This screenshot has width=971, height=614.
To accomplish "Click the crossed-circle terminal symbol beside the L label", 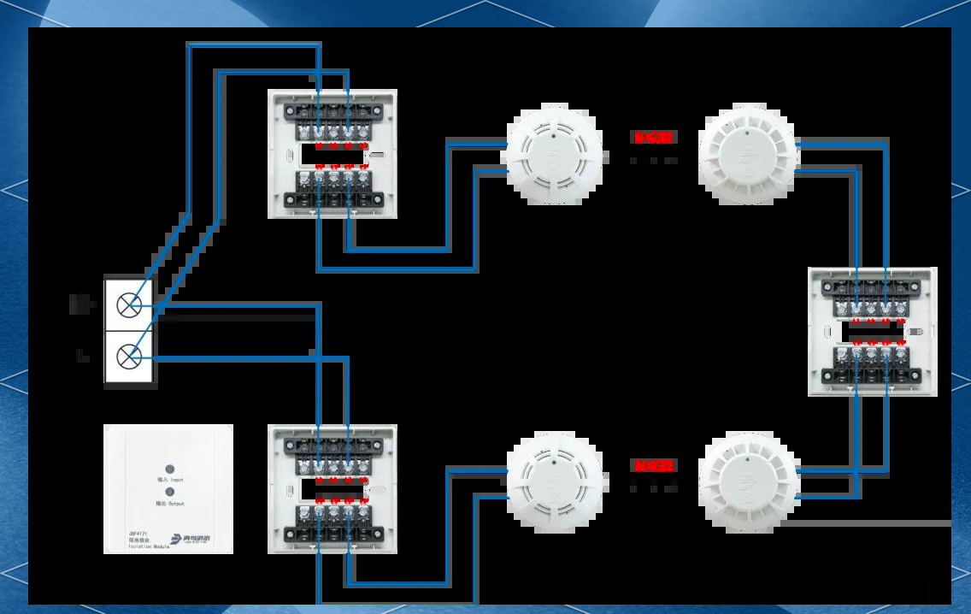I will click(x=130, y=354).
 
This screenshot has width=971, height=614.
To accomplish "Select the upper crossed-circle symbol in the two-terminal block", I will click(x=130, y=304).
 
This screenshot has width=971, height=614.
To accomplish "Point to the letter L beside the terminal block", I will click(x=83, y=356).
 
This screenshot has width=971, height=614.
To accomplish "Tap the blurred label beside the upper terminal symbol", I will click(x=81, y=304).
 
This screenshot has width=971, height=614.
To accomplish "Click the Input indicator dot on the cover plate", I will click(x=169, y=469).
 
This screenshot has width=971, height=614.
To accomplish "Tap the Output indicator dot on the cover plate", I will click(x=169, y=492).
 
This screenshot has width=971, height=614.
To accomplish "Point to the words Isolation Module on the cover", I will click(x=149, y=546).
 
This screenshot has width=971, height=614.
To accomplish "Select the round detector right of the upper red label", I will click(x=748, y=155).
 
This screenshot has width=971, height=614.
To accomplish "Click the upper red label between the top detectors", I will click(x=654, y=137).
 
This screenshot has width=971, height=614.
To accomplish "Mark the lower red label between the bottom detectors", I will click(x=654, y=466).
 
